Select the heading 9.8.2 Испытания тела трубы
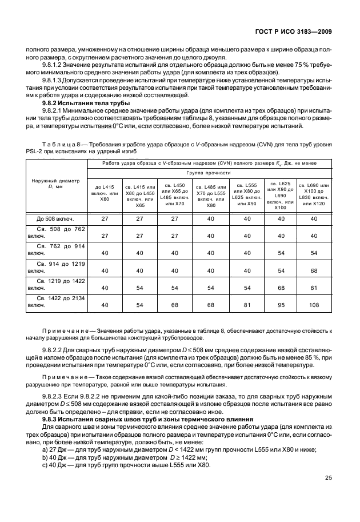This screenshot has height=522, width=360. tap(83, 103)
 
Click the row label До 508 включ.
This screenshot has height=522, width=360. tap(55, 218)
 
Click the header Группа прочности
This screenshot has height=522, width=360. tap(208, 172)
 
